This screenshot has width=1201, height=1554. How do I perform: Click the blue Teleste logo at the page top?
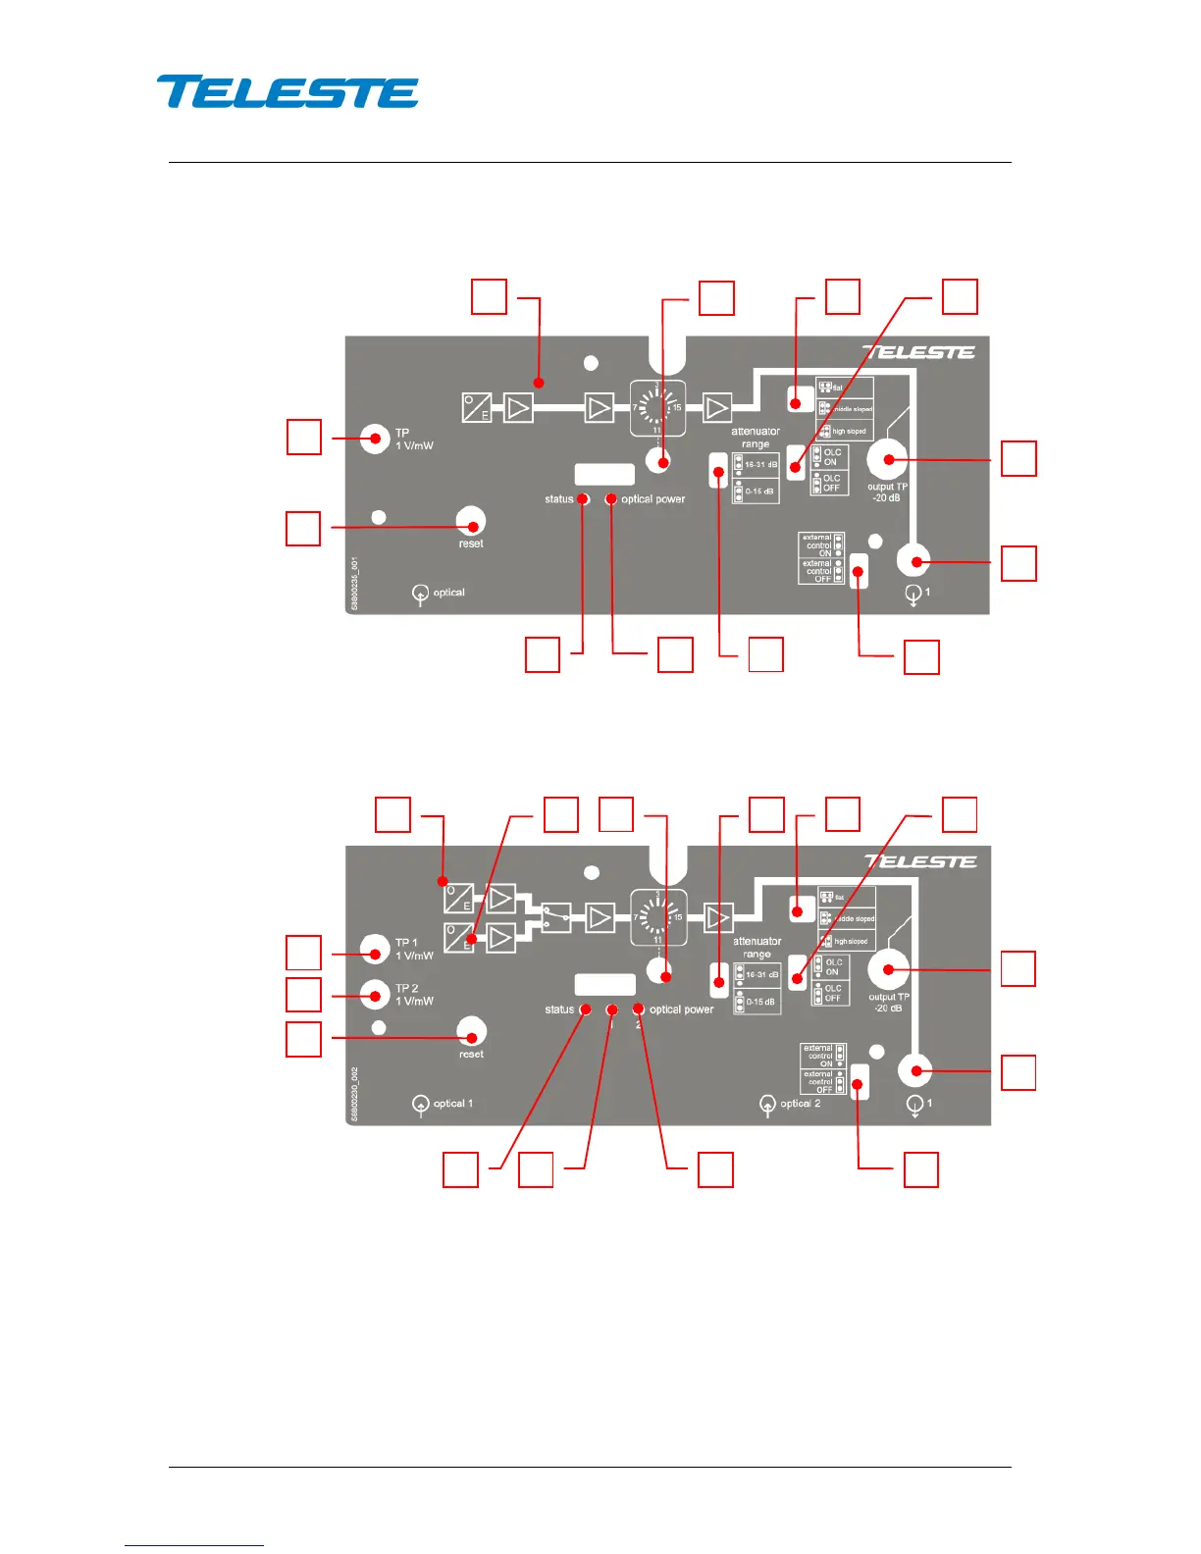[x=287, y=91]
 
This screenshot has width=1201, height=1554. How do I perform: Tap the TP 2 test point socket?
[x=375, y=995]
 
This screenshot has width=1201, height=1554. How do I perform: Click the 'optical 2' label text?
[x=800, y=1104]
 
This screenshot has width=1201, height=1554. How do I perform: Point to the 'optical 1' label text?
[x=452, y=1104]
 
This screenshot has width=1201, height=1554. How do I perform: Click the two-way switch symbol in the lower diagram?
[x=556, y=917]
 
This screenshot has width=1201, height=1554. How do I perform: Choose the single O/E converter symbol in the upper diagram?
[x=477, y=407]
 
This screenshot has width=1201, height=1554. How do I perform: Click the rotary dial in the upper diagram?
[x=657, y=407]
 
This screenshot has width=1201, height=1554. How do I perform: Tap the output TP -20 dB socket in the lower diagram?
[x=889, y=969]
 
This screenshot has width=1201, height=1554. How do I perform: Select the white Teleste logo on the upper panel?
[x=918, y=352]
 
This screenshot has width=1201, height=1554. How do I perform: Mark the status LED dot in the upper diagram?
[x=583, y=499]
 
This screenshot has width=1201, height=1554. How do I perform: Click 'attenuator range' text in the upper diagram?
[x=755, y=438]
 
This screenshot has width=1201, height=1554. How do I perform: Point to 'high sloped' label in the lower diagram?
[x=851, y=942]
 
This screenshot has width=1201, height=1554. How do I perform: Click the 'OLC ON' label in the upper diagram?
[x=831, y=457]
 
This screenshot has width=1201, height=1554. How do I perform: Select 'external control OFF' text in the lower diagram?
[x=818, y=1081]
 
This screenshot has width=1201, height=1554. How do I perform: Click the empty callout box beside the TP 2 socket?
[x=303, y=995]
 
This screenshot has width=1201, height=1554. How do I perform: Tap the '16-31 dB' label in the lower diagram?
[x=761, y=975]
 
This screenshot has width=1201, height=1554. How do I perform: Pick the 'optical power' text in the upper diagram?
[x=653, y=499]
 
